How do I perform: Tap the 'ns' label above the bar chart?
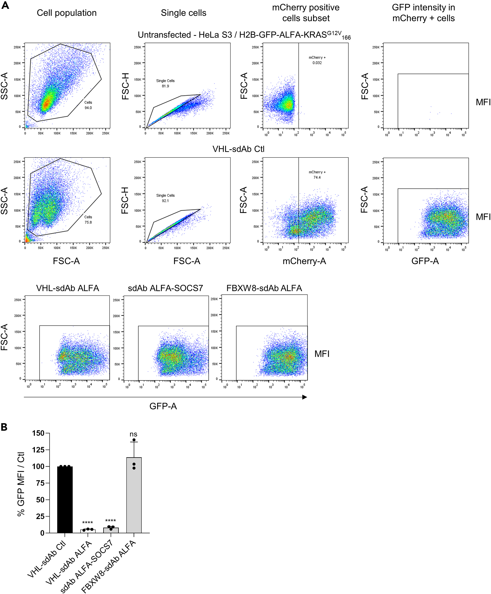[x=133, y=434]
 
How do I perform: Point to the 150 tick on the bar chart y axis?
[x=38, y=433]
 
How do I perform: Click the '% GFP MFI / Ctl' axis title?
[x=21, y=484]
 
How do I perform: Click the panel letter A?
[x=5, y=5]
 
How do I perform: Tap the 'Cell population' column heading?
[x=66, y=13]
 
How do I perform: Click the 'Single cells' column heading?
[x=183, y=13]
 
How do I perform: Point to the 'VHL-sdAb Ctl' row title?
[x=238, y=149]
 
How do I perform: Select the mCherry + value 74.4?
[x=317, y=177]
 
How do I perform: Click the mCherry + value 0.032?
[x=317, y=63]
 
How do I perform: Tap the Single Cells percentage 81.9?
[x=165, y=86]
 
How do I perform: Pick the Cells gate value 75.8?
[x=88, y=222]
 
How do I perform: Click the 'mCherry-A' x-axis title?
[x=304, y=261]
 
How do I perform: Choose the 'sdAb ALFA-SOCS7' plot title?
[x=165, y=288]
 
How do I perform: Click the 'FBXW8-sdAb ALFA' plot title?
[x=264, y=288]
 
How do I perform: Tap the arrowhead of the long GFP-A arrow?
[x=305, y=397]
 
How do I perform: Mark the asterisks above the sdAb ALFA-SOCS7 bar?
[x=110, y=521]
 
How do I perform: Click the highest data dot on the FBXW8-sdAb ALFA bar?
[x=134, y=440]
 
